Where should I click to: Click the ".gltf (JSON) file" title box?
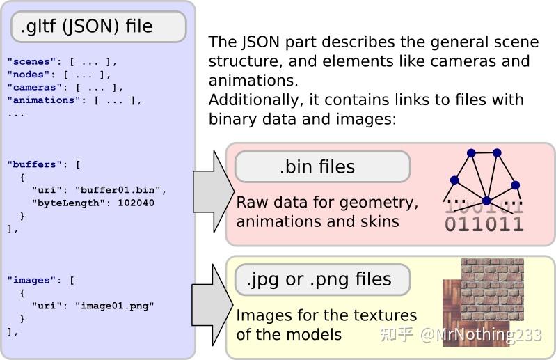tap(98, 27)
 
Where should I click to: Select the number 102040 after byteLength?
tap(137, 203)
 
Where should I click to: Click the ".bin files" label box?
tap(322, 167)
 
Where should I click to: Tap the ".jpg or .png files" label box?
tap(322, 280)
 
